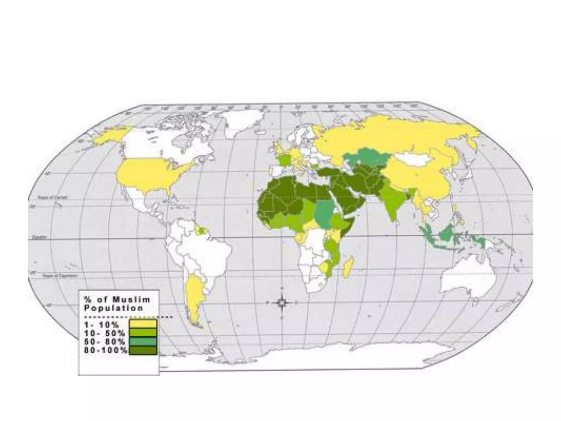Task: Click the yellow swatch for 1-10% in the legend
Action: (x=143, y=324)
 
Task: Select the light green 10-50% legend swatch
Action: (x=143, y=333)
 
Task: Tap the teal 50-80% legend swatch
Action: (x=143, y=342)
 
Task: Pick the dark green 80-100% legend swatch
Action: (x=143, y=350)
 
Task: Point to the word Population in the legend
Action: (x=113, y=308)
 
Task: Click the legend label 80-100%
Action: (x=106, y=350)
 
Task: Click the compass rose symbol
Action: (x=282, y=303)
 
